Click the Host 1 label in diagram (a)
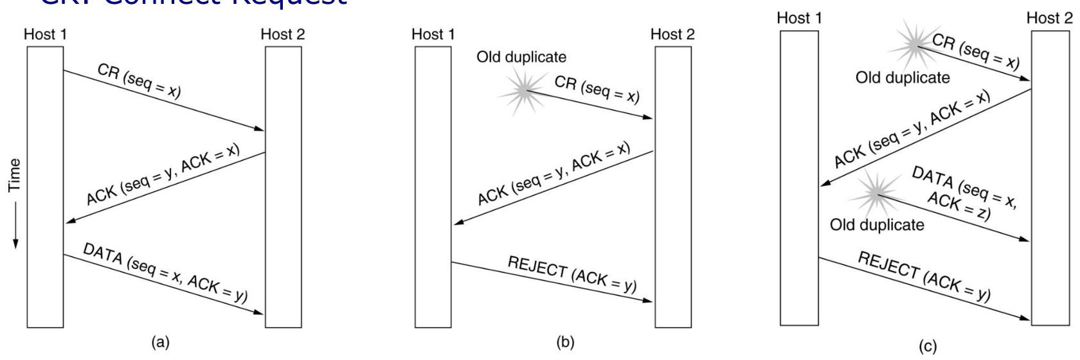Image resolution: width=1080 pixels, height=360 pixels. (45, 35)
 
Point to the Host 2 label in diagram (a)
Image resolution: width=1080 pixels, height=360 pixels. (283, 35)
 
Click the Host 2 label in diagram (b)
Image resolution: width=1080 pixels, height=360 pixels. (672, 35)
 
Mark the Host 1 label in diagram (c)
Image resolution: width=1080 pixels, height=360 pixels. (799, 19)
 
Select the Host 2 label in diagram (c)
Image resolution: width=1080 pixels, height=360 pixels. (1050, 19)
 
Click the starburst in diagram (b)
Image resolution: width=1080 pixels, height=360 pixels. (523, 92)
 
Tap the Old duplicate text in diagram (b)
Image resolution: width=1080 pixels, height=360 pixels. (521, 57)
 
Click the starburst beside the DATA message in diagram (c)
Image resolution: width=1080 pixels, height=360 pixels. (874, 193)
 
